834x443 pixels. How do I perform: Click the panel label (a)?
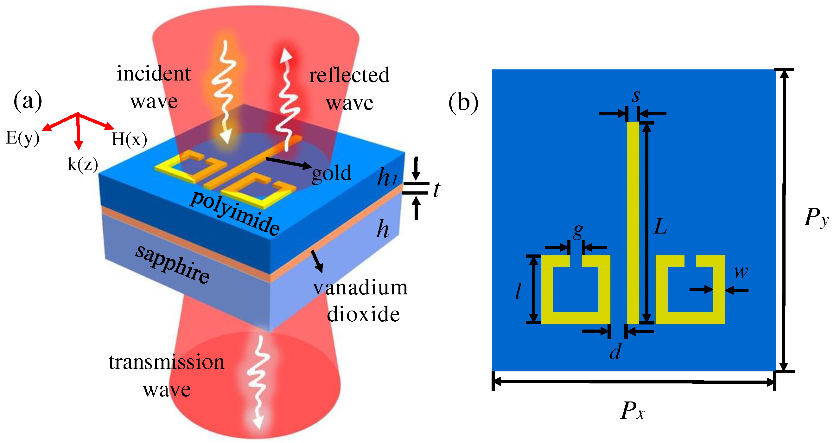click(x=28, y=101)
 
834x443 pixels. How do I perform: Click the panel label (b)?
click(x=463, y=103)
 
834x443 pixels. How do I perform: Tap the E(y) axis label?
click(x=23, y=138)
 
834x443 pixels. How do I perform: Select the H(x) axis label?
click(x=129, y=139)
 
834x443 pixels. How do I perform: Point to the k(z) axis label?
click(x=83, y=164)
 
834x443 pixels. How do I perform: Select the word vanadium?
click(x=360, y=288)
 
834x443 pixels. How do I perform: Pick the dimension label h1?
click(x=387, y=177)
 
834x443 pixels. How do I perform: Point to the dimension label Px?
click(x=632, y=411)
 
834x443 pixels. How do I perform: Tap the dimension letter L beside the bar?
click(x=660, y=226)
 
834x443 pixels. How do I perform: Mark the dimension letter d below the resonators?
click(x=615, y=352)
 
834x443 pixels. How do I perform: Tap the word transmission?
click(x=166, y=363)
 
